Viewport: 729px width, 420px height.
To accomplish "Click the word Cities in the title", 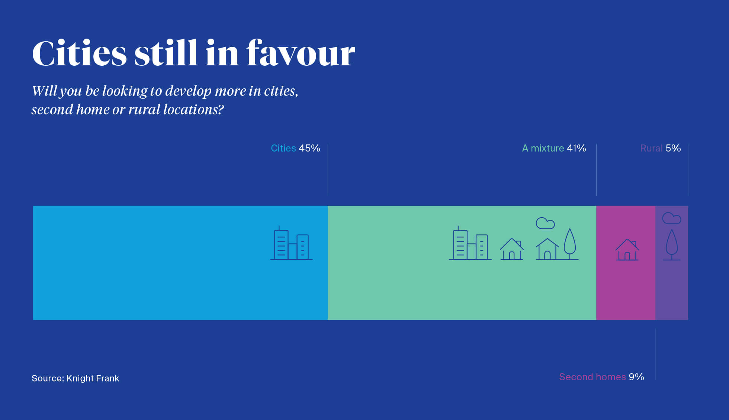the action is click(x=80, y=53).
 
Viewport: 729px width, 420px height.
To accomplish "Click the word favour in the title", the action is click(x=301, y=53).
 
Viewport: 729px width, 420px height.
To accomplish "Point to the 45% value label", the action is click(x=309, y=148).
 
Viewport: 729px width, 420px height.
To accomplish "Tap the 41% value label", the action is click(x=577, y=148).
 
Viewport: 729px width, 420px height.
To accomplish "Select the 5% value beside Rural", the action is click(x=673, y=148).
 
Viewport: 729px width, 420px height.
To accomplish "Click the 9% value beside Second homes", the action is click(x=636, y=377).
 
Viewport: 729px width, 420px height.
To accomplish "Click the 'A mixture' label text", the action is click(x=543, y=148).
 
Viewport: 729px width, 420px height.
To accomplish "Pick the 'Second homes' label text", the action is click(x=592, y=377).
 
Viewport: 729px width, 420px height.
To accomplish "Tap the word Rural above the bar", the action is click(x=651, y=148).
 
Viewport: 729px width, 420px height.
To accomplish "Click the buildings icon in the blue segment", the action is click(x=291, y=243).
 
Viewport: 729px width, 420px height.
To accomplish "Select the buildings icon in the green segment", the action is click(x=471, y=243).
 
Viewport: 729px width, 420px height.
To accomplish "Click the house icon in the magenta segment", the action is click(x=627, y=250).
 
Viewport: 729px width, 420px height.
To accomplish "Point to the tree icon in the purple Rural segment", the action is click(x=672, y=245).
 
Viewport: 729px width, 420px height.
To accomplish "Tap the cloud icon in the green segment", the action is click(x=545, y=223).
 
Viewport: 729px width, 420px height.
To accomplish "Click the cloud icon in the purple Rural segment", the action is click(x=672, y=218).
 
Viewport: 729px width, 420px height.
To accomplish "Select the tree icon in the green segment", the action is click(x=570, y=244).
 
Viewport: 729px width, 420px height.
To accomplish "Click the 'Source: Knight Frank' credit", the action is click(x=76, y=378).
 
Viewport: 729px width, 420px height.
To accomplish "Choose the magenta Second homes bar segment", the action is click(x=626, y=263).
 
